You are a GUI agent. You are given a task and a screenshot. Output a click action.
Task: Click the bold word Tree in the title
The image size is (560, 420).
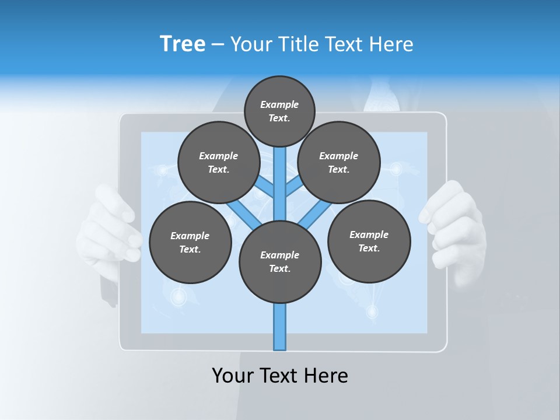(183, 44)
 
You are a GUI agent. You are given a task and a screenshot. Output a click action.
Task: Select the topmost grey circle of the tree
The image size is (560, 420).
(279, 111)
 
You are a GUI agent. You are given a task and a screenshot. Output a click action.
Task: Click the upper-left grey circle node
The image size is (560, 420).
(219, 162)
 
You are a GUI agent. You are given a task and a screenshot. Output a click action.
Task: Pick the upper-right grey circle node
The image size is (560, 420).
(339, 162)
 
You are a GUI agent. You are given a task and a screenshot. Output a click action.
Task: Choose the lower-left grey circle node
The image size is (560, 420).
(190, 242)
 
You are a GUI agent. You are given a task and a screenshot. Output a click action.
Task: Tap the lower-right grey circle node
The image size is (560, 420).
(369, 241)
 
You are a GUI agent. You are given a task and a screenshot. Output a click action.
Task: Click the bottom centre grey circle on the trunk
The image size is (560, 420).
(280, 261)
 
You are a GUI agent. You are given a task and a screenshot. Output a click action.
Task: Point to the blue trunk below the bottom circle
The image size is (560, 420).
(280, 327)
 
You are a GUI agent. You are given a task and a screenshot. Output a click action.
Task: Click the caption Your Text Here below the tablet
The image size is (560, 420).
(280, 375)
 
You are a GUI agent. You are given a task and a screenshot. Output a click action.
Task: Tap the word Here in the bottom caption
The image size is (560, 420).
(325, 375)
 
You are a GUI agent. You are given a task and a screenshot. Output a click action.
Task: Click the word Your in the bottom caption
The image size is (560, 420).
(232, 375)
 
